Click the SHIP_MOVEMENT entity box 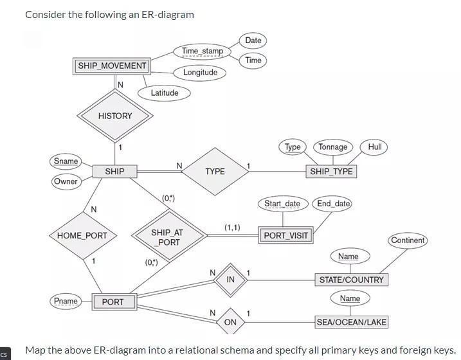point(112,66)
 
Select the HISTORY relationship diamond point(115,116)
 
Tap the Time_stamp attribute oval point(202,51)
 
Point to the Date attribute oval point(253,40)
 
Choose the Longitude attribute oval point(200,73)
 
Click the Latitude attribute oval point(165,93)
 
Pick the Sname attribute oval point(66,161)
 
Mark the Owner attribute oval point(66,181)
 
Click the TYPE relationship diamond point(215,172)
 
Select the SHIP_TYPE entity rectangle point(330,172)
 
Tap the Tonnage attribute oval point(333,147)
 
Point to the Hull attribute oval point(375,147)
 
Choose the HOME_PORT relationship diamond point(82,236)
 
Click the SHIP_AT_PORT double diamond point(167,237)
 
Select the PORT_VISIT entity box point(286,235)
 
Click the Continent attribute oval point(408,240)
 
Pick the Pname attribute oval point(66,301)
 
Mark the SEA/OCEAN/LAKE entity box point(352,322)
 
